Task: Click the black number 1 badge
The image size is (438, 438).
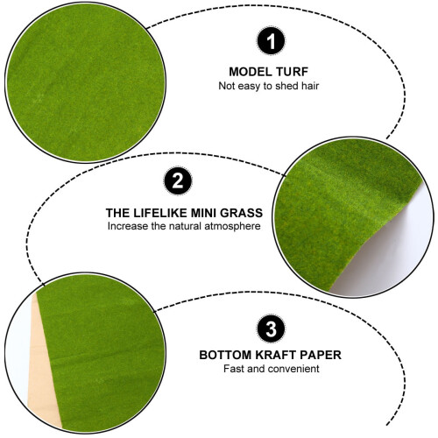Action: tap(271, 41)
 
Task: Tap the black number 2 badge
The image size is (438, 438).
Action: tap(178, 181)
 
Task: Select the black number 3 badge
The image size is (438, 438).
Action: tap(271, 328)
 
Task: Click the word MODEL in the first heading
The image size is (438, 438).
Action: tap(247, 72)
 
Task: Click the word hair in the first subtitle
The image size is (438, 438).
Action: tap(310, 86)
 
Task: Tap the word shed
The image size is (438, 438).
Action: tap(287, 86)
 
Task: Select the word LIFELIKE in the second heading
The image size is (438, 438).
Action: tap(159, 213)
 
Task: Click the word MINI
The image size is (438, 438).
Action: tap(202, 213)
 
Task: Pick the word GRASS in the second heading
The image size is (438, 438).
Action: tap(241, 213)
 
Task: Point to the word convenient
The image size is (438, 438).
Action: tap(294, 369)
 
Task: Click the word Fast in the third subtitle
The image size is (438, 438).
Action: tap(234, 369)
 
